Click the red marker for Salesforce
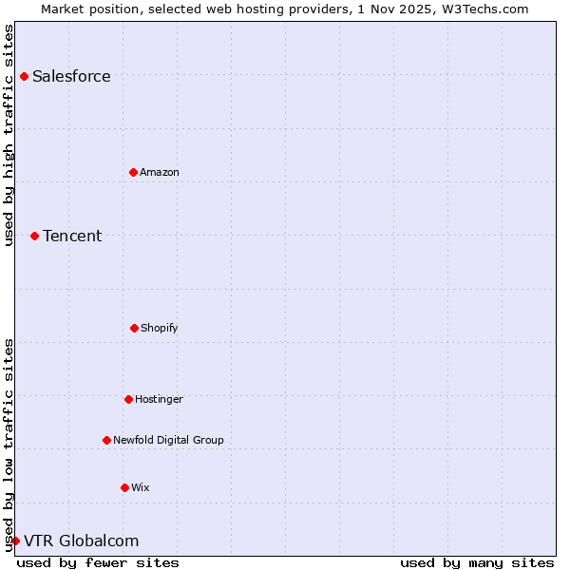coord(24,76)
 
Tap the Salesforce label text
coord(71,77)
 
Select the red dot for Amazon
coord(133,172)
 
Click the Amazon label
coord(160,173)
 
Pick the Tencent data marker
coord(34,236)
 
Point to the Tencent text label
coord(72,237)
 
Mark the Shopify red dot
coord(134,328)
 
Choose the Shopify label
coord(160,329)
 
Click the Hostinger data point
coord(128,399)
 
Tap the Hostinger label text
coord(159,400)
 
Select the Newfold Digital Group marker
coord(106,440)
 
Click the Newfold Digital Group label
coord(168,441)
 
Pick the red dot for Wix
coord(124,487)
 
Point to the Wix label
coord(141,488)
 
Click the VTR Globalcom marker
coord(15,541)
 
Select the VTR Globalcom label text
coord(82,541)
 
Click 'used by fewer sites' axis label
coord(98,562)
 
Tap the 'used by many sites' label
coord(477,562)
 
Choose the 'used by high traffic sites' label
coord(9,135)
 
